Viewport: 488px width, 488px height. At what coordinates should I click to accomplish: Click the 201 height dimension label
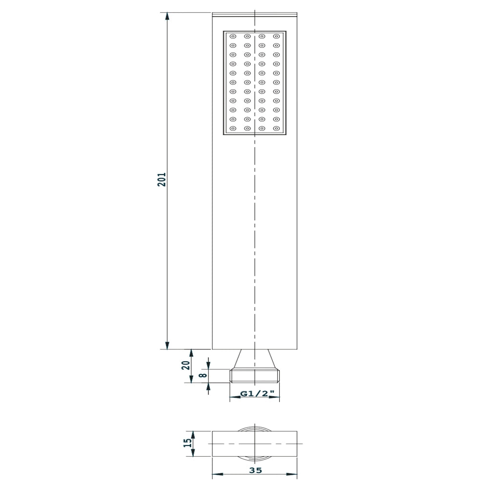pyautogui.click(x=162, y=179)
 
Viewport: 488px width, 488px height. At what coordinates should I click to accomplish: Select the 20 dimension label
pyautogui.click(x=186, y=365)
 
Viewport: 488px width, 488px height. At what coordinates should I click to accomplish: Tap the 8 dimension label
pyautogui.click(x=203, y=375)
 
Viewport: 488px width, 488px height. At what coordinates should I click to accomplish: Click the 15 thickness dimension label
pyautogui.click(x=188, y=443)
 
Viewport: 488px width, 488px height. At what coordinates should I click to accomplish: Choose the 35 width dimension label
pyautogui.click(x=256, y=470)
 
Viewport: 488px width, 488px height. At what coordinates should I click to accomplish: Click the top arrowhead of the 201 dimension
pyautogui.click(x=167, y=16)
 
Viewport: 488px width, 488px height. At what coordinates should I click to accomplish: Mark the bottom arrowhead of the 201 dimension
pyautogui.click(x=167, y=346)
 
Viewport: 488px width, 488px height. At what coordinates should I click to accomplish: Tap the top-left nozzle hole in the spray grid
pyautogui.click(x=233, y=36)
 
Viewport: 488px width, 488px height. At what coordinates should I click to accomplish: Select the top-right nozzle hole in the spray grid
pyautogui.click(x=276, y=36)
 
